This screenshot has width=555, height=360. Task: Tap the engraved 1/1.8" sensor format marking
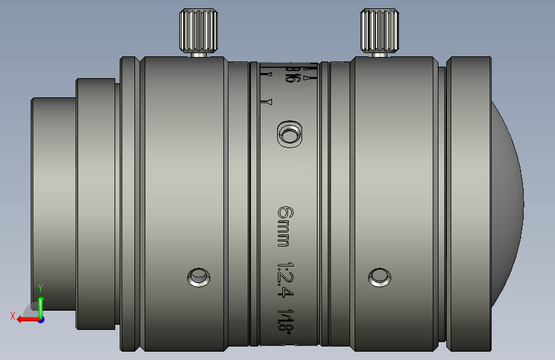click(x=286, y=322)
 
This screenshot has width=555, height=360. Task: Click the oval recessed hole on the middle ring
click(x=289, y=135)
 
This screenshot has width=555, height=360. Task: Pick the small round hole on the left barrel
click(x=198, y=277)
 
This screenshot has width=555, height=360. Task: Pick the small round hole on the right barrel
click(x=379, y=277)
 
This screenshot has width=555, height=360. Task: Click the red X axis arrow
click(x=26, y=318)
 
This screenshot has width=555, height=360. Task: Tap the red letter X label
click(x=13, y=315)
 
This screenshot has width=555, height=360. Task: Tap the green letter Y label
click(x=40, y=288)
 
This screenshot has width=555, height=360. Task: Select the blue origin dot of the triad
click(x=41, y=319)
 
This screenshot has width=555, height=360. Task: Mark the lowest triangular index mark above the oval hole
click(x=269, y=102)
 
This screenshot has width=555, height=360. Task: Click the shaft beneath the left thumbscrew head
click(x=199, y=54)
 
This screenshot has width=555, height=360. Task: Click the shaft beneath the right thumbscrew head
click(x=380, y=54)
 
